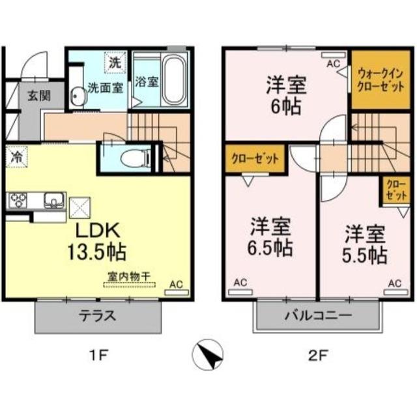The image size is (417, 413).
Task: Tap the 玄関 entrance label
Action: pyautogui.click(x=36, y=95)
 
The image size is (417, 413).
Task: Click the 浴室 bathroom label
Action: pyautogui.click(x=146, y=83)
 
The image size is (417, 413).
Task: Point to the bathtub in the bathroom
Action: pyautogui.click(x=174, y=81)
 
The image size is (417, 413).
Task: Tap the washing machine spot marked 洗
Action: pyautogui.click(x=114, y=63)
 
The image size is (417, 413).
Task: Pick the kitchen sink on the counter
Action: pyautogui.click(x=52, y=200)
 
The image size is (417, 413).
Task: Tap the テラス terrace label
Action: pyautogui.click(x=98, y=317)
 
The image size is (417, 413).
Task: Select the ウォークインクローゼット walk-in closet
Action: pyautogui.click(x=377, y=80)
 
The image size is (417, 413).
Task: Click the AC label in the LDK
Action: pyautogui.click(x=175, y=285)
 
